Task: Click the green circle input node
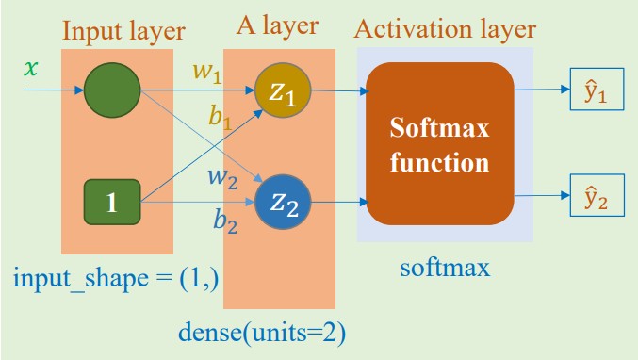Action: click(x=111, y=91)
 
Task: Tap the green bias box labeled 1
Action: click(x=111, y=202)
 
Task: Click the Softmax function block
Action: click(x=440, y=143)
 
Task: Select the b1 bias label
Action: click(x=221, y=120)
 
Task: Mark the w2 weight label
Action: click(x=221, y=176)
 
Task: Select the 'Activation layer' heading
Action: click(x=445, y=29)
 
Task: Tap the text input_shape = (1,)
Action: click(x=116, y=280)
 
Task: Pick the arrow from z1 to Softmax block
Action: click(x=338, y=91)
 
